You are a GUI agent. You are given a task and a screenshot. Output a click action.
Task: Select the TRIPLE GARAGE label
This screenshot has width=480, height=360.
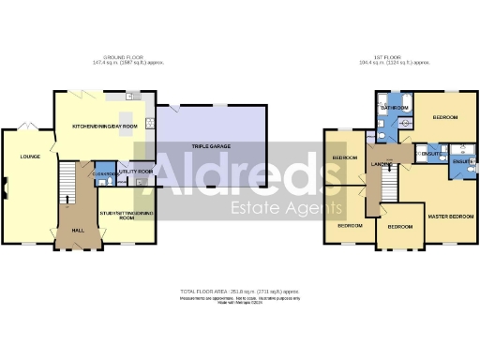pos(213,147)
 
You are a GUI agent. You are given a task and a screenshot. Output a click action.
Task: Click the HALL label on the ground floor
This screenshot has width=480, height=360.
pos(77,231)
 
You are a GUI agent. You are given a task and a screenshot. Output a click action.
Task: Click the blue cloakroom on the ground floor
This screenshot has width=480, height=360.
pos(104,173)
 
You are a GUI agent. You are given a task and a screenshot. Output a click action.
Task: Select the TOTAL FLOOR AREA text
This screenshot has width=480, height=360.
pos(240,292)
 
